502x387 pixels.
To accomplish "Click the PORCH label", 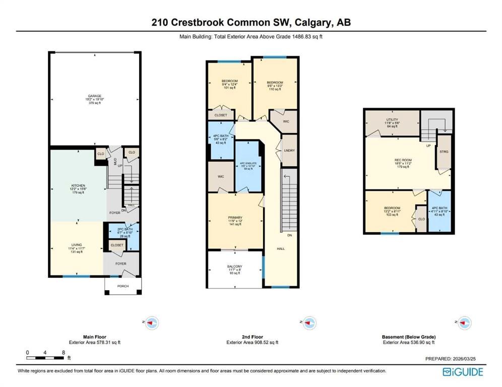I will coord(122,286).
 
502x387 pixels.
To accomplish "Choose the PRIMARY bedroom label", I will coord(235,218).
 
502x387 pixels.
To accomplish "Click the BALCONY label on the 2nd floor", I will coord(234,267).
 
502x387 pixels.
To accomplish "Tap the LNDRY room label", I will coord(289,150).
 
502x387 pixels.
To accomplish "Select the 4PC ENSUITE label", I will coord(247,163).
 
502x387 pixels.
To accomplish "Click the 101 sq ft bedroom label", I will coord(229,82).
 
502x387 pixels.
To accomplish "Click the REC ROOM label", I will coord(403,161).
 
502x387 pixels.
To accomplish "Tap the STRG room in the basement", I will coord(444,152).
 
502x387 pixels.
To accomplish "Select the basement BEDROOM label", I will coord(392,208).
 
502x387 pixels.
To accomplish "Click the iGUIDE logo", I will coord(463,372).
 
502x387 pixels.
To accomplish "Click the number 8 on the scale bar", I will coord(63,352).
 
